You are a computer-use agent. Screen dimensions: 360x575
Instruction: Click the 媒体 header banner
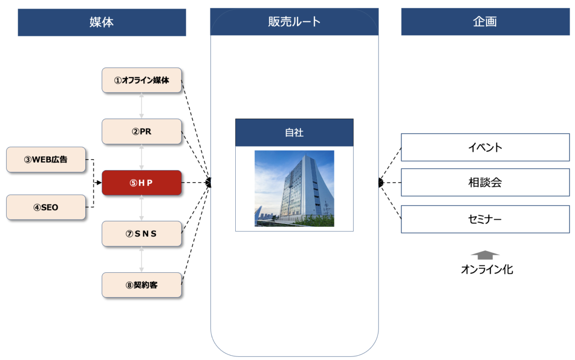click(x=102, y=22)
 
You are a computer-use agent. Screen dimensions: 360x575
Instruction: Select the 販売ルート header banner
click(x=294, y=22)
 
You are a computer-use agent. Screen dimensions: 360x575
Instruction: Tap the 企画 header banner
click(x=485, y=22)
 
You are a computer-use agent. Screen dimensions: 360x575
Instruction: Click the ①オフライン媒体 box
click(x=142, y=80)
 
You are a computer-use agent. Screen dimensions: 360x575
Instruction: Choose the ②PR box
click(x=142, y=131)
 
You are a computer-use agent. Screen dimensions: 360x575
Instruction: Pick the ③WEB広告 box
click(x=46, y=160)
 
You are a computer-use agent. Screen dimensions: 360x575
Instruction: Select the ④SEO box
click(x=46, y=208)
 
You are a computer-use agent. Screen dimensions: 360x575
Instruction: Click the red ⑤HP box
click(x=142, y=183)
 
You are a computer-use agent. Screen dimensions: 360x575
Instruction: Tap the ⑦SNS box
click(x=142, y=233)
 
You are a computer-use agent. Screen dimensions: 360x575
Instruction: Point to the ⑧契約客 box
click(x=142, y=285)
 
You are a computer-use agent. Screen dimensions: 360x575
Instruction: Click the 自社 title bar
click(x=294, y=133)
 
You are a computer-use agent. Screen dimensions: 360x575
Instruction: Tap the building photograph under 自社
click(x=294, y=188)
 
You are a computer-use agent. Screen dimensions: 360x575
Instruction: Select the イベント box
click(x=485, y=147)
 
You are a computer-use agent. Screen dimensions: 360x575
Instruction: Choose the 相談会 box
click(x=485, y=182)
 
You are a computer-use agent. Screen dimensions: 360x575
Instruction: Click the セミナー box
click(x=485, y=220)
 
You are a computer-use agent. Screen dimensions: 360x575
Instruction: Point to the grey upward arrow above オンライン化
click(x=485, y=255)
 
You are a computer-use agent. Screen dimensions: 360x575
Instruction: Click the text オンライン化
click(x=487, y=270)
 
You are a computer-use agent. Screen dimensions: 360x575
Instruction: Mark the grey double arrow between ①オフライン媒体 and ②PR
click(x=142, y=105)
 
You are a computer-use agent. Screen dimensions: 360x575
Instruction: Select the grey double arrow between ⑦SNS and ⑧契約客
click(x=142, y=259)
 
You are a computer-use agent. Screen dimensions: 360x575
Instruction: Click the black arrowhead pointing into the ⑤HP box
click(x=99, y=183)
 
